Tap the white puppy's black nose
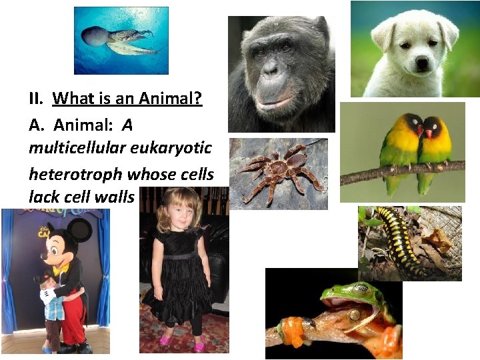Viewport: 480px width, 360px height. point(421,63)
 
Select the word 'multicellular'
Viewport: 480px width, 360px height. point(64,148)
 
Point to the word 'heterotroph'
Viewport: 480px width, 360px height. point(75,175)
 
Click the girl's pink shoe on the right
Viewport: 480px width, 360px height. point(199,344)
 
